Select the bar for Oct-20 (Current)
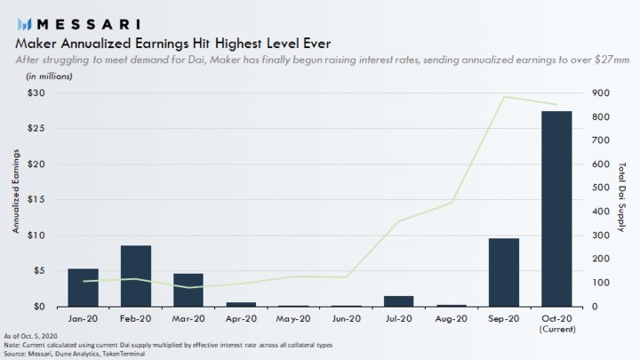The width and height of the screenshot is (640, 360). tap(556, 209)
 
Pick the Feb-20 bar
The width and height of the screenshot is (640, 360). tap(136, 276)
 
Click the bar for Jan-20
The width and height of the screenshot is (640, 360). tap(83, 287)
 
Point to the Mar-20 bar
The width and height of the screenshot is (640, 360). tap(188, 290)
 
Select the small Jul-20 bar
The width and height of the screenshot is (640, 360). tap(399, 301)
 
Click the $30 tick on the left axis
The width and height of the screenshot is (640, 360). tap(36, 93)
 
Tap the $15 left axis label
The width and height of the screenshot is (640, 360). tap(36, 200)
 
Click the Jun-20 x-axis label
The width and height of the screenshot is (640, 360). tap(347, 316)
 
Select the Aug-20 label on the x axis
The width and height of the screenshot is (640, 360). tap(452, 316)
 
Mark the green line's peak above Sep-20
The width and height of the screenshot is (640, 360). tap(504, 97)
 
